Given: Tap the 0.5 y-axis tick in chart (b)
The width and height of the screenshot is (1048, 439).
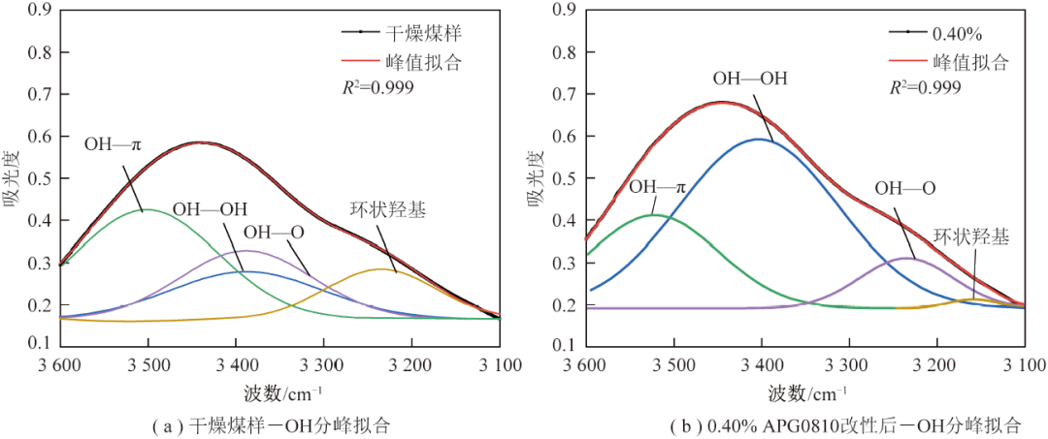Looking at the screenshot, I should point(564,179).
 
